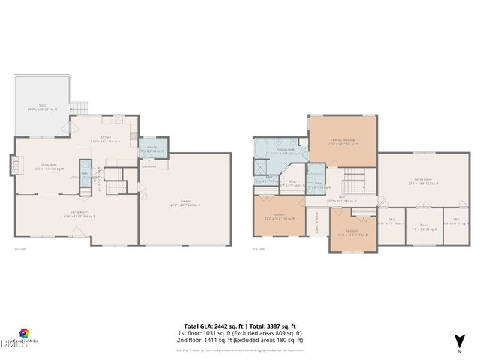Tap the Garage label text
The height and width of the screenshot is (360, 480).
coord(184,205)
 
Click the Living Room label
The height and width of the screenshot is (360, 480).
coord(80,214)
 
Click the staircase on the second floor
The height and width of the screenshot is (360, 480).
coord(352,181)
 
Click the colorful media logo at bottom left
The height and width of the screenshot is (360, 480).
coord(25,333)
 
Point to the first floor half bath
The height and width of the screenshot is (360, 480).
coord(85,174)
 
